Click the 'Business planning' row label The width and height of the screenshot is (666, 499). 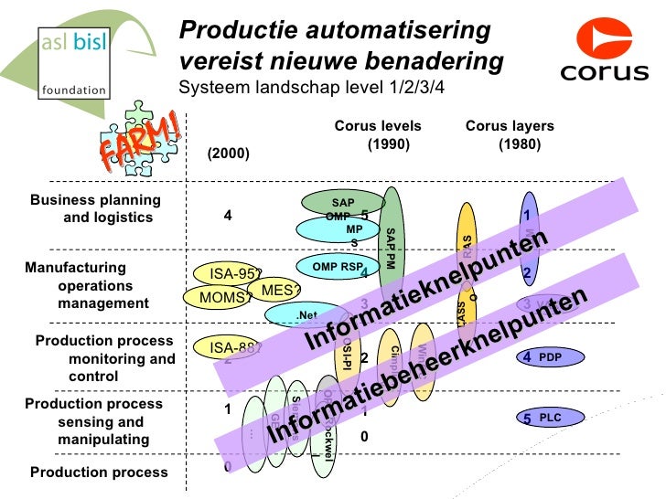pos(96,200)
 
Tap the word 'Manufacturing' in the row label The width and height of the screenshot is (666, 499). pos(75,268)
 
